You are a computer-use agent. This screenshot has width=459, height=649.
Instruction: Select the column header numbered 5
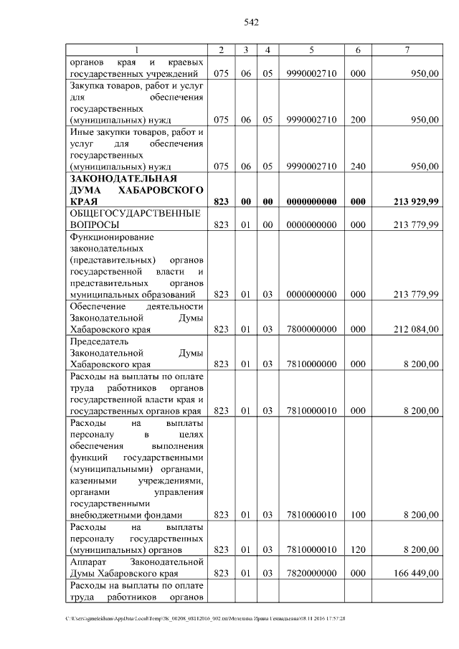coord(311,49)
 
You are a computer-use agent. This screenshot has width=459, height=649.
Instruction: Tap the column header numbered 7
coord(407,49)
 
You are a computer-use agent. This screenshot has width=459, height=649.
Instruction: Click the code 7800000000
coord(311,329)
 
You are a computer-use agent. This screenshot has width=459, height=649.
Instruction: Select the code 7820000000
coord(311,573)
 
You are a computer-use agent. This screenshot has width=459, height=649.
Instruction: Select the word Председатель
coord(102,341)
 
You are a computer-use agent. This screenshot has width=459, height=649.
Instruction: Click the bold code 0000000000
coord(311,202)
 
